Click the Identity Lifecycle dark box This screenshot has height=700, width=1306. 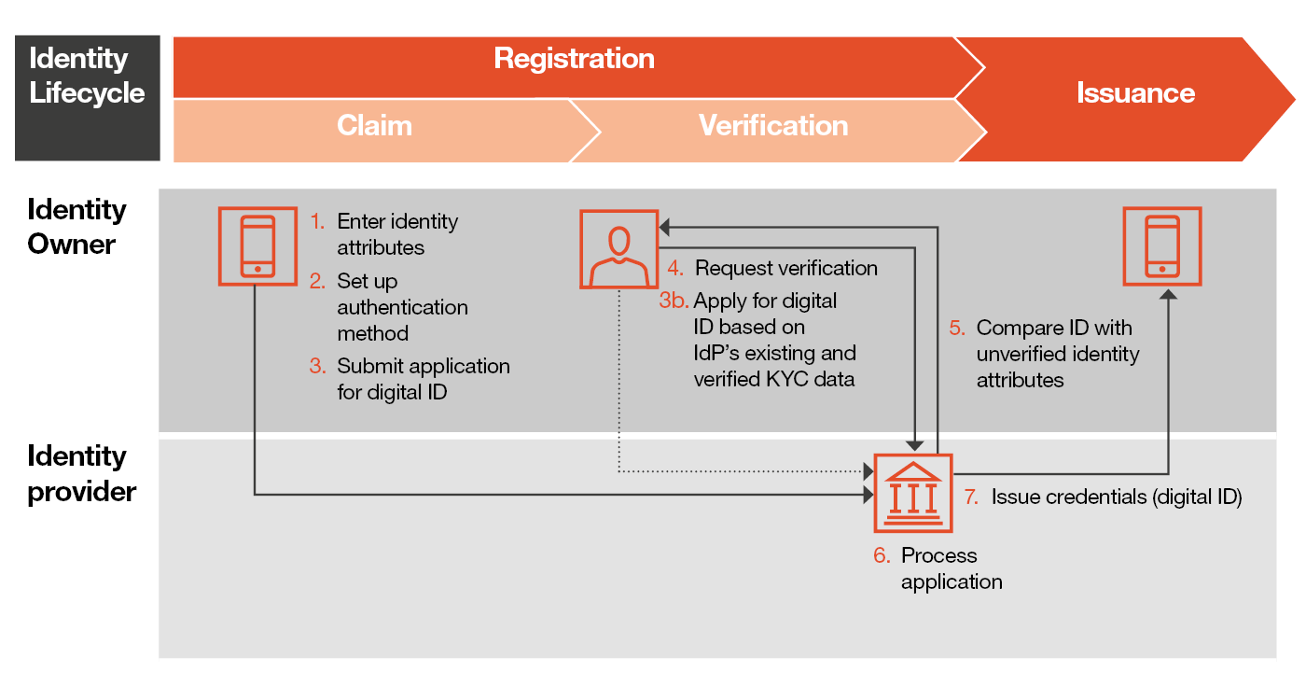[87, 98]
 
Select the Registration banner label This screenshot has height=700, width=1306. [574, 59]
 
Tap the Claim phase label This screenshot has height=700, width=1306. [374, 126]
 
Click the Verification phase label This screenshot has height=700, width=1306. [773, 126]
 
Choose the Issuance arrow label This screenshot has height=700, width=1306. [1135, 93]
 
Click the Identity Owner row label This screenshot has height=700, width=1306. [76, 227]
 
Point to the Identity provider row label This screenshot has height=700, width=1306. [82, 473]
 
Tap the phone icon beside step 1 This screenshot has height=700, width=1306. [257, 246]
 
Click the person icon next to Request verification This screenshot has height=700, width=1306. [618, 248]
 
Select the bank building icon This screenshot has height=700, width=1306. [912, 492]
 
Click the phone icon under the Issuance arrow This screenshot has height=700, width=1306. [1161, 246]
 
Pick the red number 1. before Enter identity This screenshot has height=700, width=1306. [318, 222]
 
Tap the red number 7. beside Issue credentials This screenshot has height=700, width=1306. [971, 497]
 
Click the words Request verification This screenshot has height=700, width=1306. [785, 269]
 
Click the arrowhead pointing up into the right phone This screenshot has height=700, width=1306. [1168, 295]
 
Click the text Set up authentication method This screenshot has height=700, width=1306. [402, 307]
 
